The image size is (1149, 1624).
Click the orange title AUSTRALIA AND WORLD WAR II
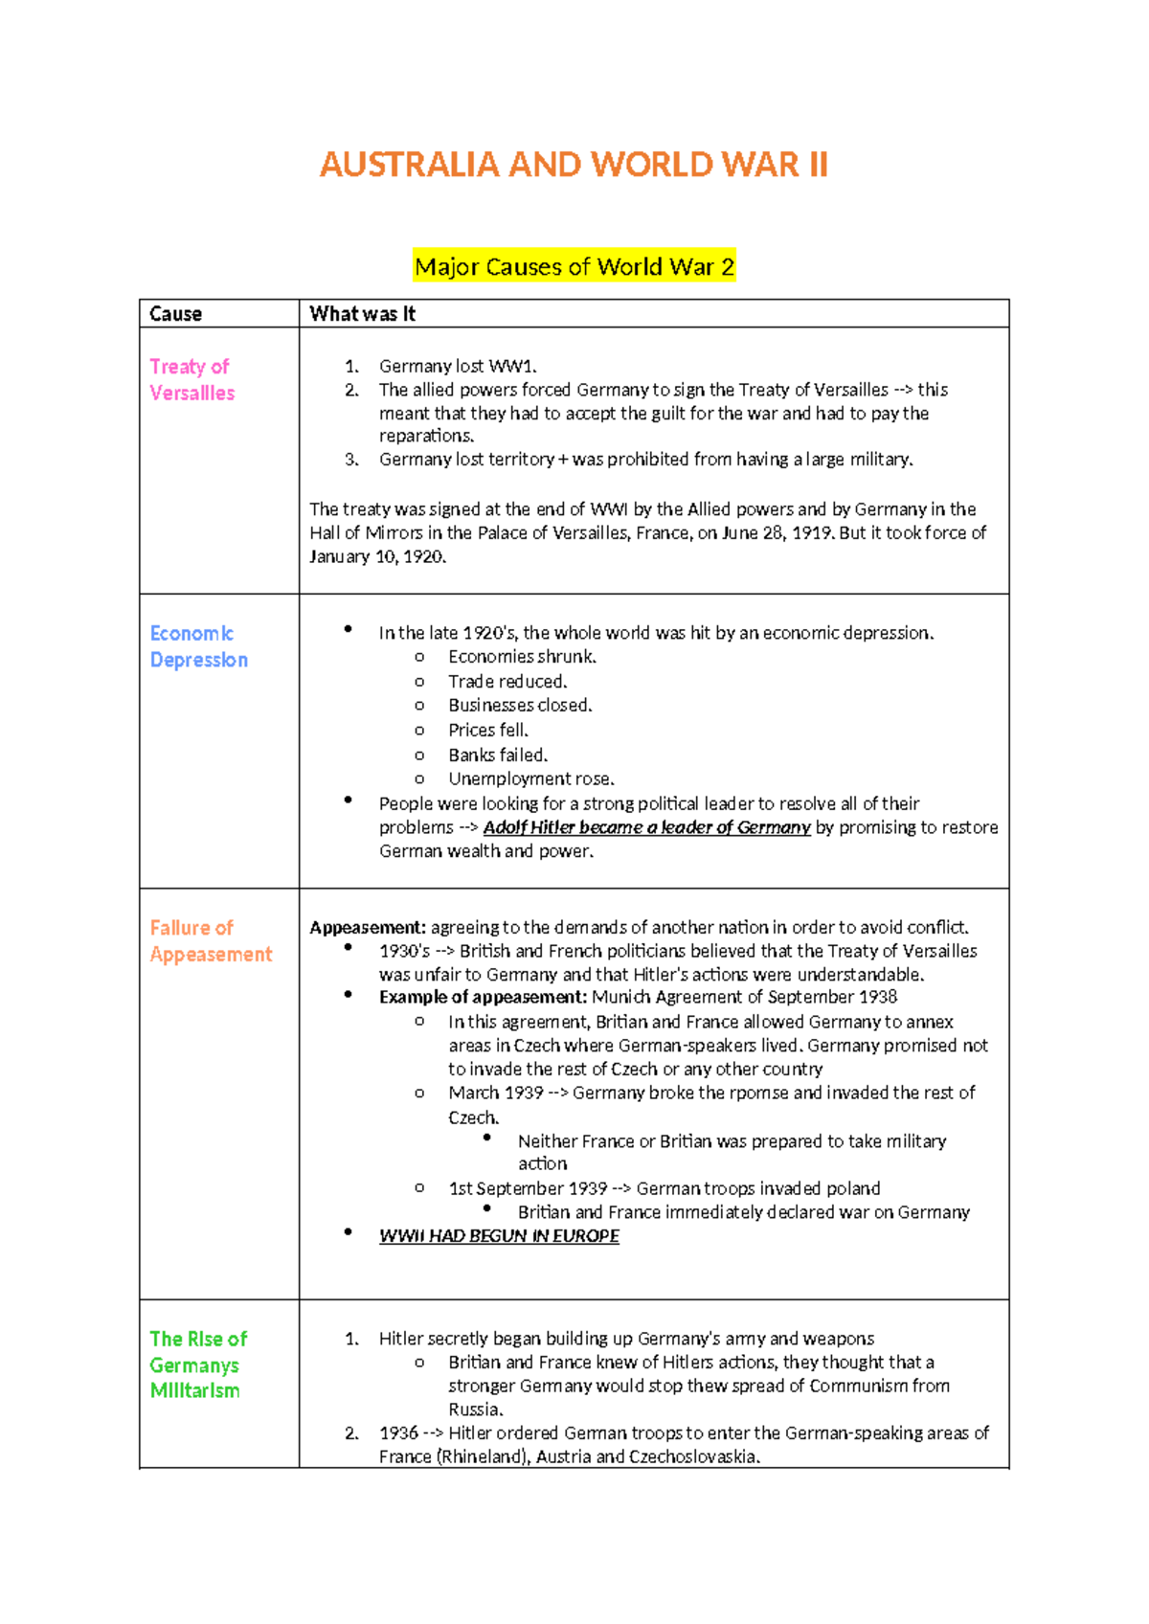point(573,165)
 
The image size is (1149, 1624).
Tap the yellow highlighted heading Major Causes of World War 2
point(574,266)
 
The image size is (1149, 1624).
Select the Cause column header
point(175,314)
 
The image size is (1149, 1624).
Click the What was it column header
point(362,314)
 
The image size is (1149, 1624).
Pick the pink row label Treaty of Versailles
point(191,379)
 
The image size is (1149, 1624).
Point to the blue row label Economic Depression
point(198,646)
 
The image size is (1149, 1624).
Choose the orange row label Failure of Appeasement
point(211,940)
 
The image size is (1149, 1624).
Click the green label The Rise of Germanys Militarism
point(197,1365)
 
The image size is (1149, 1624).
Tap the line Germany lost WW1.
point(458,366)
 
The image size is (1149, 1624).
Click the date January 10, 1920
point(377,556)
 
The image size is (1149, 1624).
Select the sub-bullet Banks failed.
point(498,755)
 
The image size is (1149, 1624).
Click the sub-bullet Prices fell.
point(488,730)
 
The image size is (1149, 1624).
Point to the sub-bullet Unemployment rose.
point(531,778)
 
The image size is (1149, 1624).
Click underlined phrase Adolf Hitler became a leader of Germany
point(646,827)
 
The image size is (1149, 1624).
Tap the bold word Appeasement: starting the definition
point(367,927)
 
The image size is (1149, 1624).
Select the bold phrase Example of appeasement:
point(483,997)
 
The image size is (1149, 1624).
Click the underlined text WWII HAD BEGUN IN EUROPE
point(499,1235)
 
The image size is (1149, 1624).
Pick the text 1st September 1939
point(528,1188)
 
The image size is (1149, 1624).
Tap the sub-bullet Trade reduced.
point(507,681)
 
